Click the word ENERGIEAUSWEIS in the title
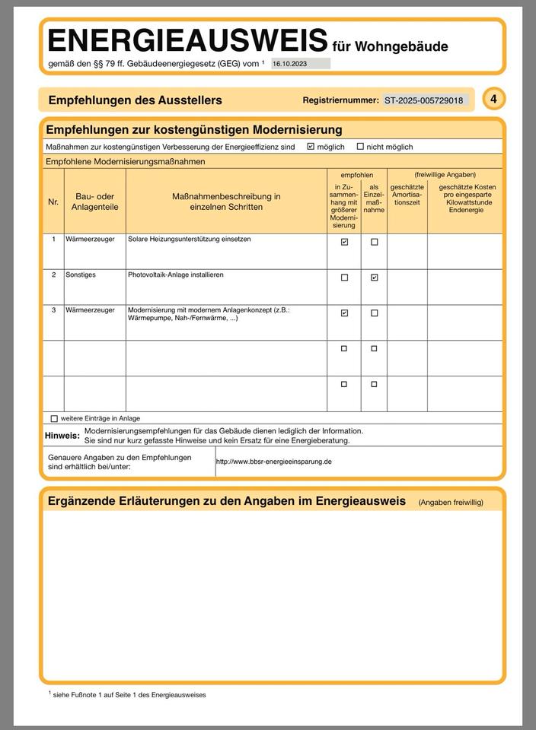tap(187, 40)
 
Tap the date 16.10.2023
tap(289, 64)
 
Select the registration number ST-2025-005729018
tap(423, 100)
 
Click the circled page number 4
tap(493, 99)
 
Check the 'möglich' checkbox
tap(311, 147)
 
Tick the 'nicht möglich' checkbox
tap(360, 147)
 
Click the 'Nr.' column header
tap(53, 202)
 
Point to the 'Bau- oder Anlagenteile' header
tap(95, 202)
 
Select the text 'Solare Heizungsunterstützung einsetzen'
tap(189, 240)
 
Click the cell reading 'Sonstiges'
tap(81, 275)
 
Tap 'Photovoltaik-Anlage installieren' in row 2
tap(176, 275)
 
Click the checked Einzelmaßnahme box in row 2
tap(374, 278)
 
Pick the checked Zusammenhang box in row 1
tap(344, 243)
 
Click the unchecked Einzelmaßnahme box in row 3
tap(374, 313)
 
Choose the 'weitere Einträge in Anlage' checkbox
tap(54, 419)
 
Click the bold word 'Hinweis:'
tap(62, 436)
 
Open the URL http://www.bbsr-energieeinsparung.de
tap(274, 462)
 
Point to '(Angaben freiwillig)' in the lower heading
tap(451, 503)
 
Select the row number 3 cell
tap(53, 310)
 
